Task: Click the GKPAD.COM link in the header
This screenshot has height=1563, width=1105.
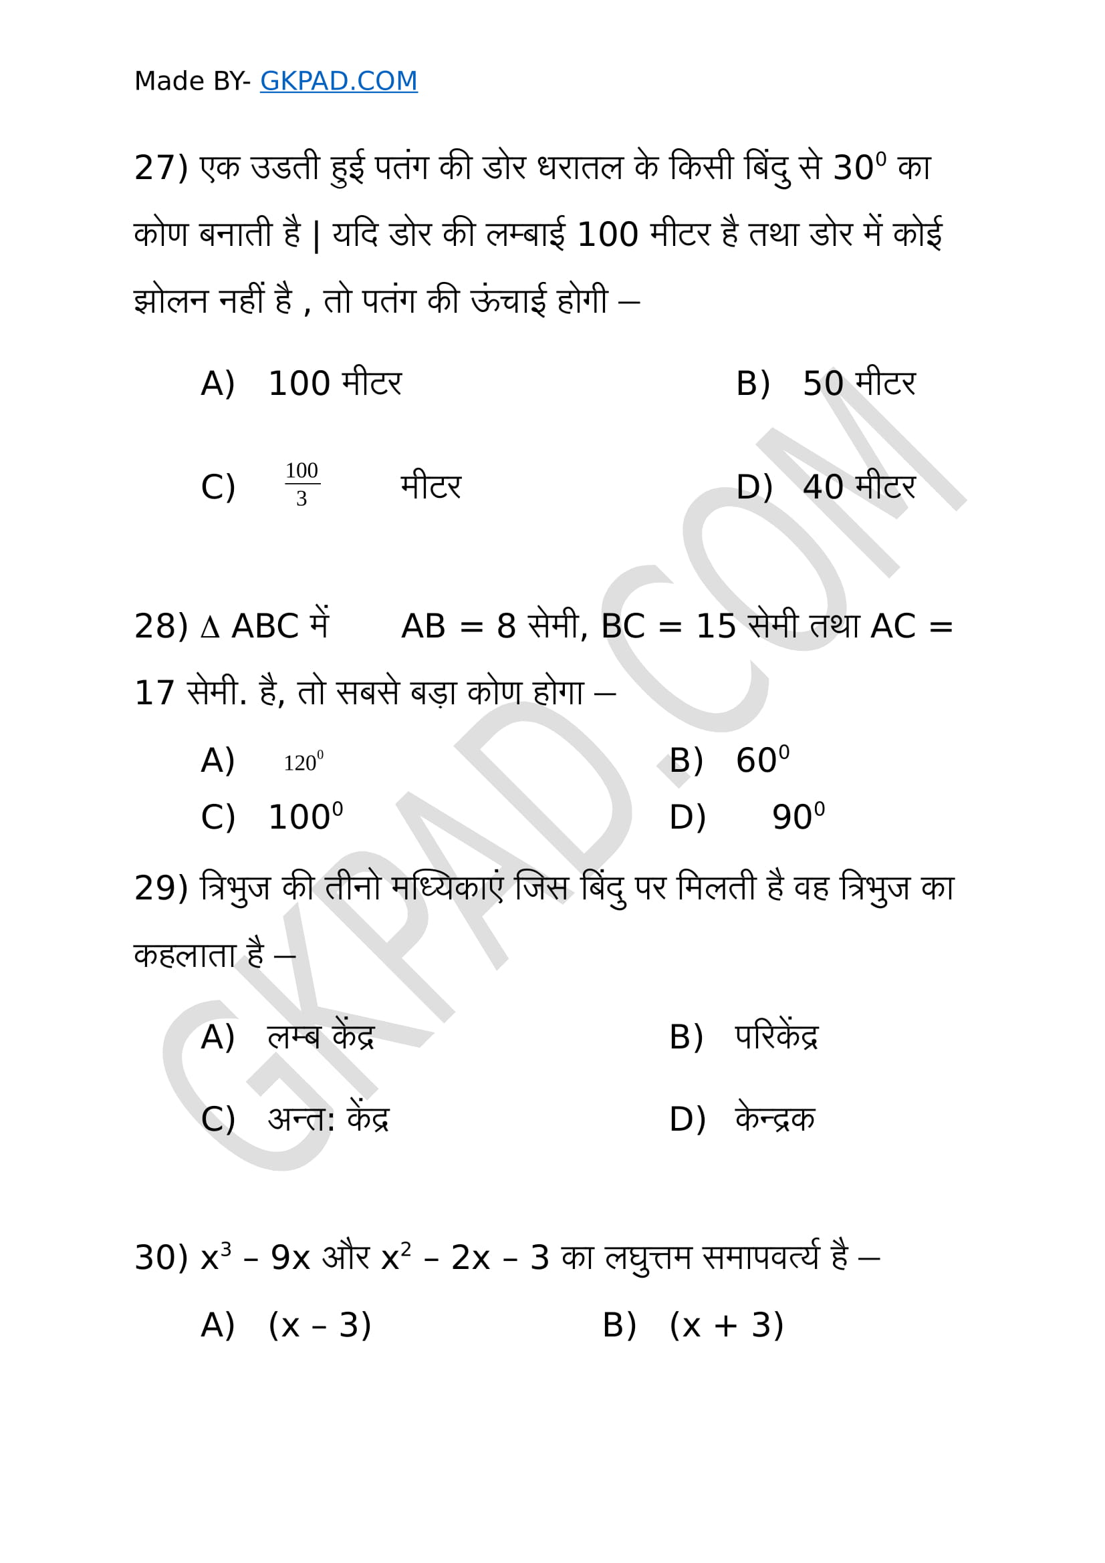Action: tap(338, 81)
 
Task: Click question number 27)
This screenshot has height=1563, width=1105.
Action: tap(160, 168)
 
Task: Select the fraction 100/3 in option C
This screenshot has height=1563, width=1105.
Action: tap(301, 484)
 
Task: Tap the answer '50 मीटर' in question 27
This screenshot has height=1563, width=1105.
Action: tap(859, 384)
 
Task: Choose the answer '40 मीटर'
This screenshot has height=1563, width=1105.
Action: tap(859, 487)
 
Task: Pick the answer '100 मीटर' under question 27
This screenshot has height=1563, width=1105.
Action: tap(335, 384)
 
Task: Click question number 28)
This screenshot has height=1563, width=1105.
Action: tap(160, 626)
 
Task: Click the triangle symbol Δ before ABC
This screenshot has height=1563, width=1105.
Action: tap(210, 627)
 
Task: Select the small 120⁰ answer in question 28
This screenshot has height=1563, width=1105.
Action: tap(303, 762)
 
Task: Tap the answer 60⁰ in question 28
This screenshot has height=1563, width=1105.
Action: tap(763, 760)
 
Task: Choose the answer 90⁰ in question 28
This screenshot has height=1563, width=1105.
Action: tap(798, 816)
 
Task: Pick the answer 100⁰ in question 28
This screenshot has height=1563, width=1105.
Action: tap(305, 816)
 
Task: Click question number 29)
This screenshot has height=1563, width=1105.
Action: tap(160, 888)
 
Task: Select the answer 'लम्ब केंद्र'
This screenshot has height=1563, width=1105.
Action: tap(321, 1038)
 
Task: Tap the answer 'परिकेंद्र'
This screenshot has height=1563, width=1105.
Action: tap(776, 1038)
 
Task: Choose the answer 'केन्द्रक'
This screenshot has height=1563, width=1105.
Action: tap(775, 1119)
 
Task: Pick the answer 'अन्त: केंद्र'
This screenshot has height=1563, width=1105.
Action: tap(328, 1119)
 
